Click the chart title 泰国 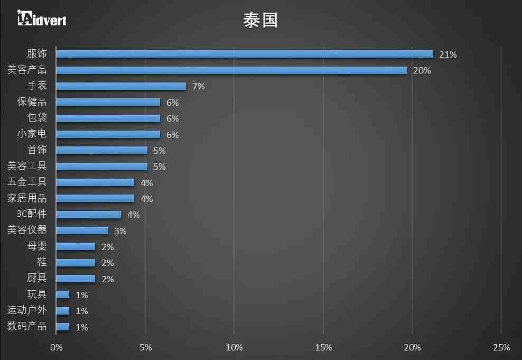(x=260, y=20)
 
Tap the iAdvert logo (x=42, y=19)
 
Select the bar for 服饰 (x=244, y=54)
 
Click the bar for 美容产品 (x=231, y=70)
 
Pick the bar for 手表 (x=121, y=86)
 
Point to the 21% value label (x=448, y=54)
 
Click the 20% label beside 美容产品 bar (x=422, y=70)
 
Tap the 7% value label (x=198, y=86)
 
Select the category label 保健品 (x=32, y=102)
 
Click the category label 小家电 (x=32, y=134)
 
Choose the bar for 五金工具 (x=95, y=182)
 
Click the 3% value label (x=120, y=231)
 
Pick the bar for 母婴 (x=76, y=246)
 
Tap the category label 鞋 (x=42, y=262)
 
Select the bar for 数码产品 (x=62, y=327)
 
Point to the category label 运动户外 (x=27, y=310)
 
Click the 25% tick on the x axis (x=501, y=347)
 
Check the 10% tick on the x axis (x=234, y=347)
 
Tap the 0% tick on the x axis (x=56, y=347)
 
